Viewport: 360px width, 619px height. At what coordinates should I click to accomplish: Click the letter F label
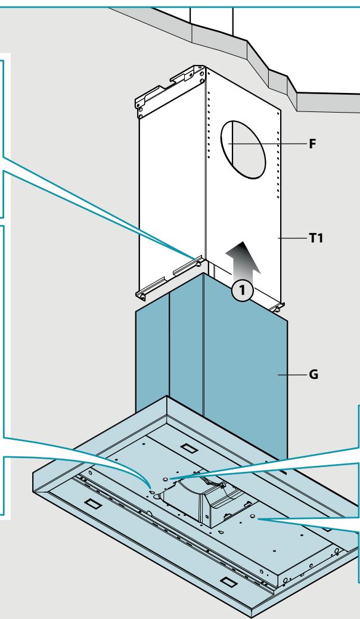pyautogui.click(x=312, y=144)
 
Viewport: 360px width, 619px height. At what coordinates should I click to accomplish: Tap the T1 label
pyautogui.click(x=316, y=238)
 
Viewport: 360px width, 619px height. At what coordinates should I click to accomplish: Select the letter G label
pyautogui.click(x=314, y=374)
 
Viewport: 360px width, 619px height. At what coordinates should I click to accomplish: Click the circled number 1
pyautogui.click(x=242, y=291)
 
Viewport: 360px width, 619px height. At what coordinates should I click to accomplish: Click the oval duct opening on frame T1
pyautogui.click(x=243, y=150)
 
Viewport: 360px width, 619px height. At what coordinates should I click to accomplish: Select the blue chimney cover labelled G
pyautogui.click(x=212, y=367)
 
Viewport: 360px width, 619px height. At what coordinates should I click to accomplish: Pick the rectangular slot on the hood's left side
pyautogui.click(x=94, y=504)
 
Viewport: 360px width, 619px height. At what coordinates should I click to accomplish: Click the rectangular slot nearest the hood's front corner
pyautogui.click(x=228, y=582)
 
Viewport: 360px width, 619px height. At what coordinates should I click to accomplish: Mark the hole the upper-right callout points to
pyautogui.click(x=165, y=479)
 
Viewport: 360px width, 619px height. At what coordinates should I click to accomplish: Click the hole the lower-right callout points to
pyautogui.click(x=253, y=517)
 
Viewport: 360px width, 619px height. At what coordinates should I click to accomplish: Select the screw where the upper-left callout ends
pyautogui.click(x=198, y=262)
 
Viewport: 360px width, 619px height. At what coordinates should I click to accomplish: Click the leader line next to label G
pyautogui.click(x=293, y=375)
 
